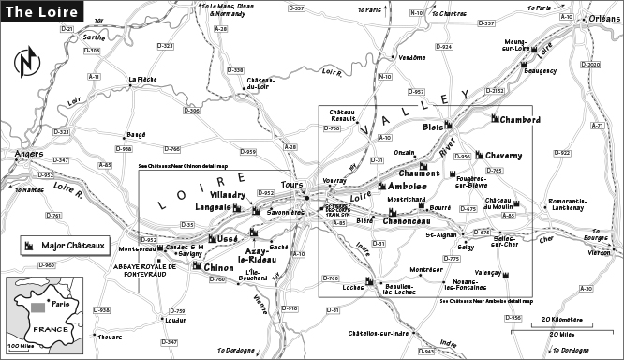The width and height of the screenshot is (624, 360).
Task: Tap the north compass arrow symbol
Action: pyautogui.click(x=24, y=66)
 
